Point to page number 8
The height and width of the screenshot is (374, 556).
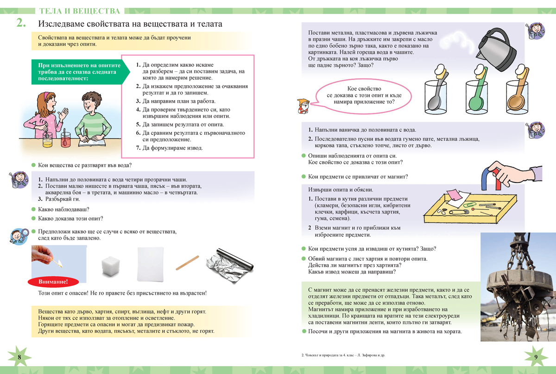pos(19,357)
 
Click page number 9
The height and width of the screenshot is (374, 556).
pos(536,357)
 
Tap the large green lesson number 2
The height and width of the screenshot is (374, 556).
pos(20,23)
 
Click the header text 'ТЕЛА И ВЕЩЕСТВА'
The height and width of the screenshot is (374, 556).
pos(80,11)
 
